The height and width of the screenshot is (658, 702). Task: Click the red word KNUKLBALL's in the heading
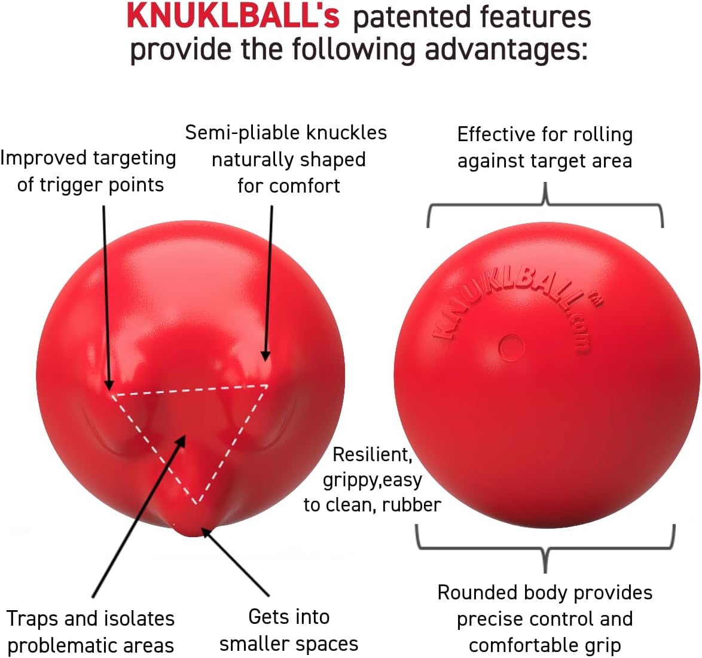pyautogui.click(x=233, y=17)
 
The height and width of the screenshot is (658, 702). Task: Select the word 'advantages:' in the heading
pyautogui.click(x=505, y=49)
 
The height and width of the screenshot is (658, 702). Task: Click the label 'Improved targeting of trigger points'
pyautogui.click(x=88, y=171)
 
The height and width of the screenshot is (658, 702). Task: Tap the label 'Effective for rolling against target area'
pyautogui.click(x=544, y=147)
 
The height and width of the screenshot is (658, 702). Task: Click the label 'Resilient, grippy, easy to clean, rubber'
pyautogui.click(x=372, y=479)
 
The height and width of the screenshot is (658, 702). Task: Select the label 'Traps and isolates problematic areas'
pyautogui.click(x=90, y=632)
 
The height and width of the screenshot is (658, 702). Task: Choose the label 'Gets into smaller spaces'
pyautogui.click(x=289, y=630)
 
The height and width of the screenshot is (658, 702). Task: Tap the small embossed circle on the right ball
pyautogui.click(x=511, y=348)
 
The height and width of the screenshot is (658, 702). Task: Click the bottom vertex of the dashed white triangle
pyautogui.click(x=197, y=504)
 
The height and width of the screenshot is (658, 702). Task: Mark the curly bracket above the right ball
pyautogui.click(x=545, y=205)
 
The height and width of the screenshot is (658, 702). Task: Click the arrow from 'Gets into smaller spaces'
pyautogui.click(x=236, y=562)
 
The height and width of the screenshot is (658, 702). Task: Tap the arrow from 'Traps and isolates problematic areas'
pyautogui.click(x=139, y=516)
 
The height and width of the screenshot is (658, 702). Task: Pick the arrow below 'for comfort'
pyautogui.click(x=268, y=283)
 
